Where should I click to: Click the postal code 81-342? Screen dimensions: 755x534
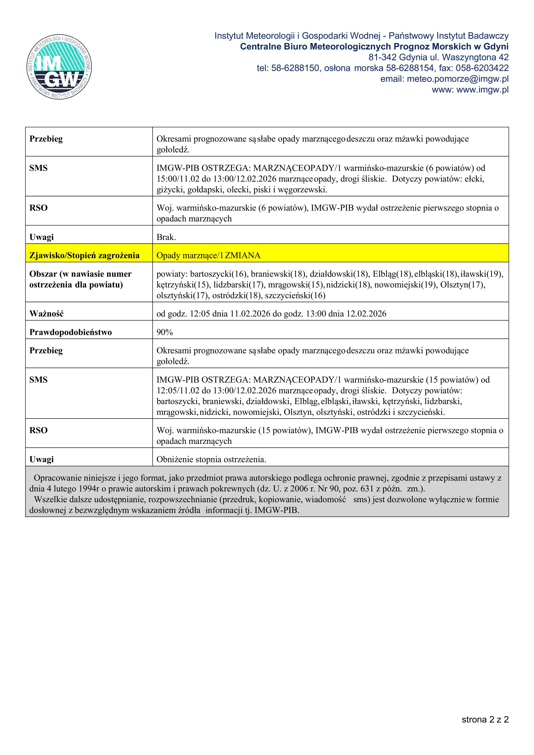point(382,57)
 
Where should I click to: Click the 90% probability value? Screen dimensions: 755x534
point(165,332)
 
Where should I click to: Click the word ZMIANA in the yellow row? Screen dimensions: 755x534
point(243,255)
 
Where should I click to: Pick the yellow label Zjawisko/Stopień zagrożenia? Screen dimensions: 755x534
point(84,255)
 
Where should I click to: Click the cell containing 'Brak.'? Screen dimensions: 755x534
point(166,237)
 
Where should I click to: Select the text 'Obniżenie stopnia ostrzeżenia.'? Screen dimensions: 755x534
point(211,459)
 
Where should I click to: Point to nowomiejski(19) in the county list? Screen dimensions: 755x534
point(401,285)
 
